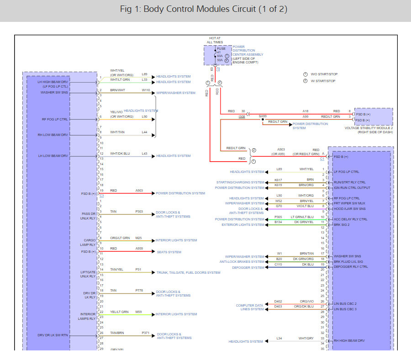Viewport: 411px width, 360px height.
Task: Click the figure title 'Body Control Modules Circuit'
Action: [x=204, y=10]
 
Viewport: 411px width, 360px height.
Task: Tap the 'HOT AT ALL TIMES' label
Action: [x=215, y=40]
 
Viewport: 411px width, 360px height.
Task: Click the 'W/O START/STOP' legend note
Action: [x=324, y=74]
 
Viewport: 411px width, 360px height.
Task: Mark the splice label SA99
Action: [x=263, y=116]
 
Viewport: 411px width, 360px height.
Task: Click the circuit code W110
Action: [x=146, y=90]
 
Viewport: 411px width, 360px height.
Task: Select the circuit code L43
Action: [x=144, y=153]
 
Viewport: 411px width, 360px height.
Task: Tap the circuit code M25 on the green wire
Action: [x=138, y=238]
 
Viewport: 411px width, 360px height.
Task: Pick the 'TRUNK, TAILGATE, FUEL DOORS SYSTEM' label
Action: [x=188, y=272]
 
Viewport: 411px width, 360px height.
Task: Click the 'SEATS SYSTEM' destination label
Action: [x=169, y=252]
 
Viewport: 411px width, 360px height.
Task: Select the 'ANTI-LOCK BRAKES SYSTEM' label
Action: [x=242, y=262]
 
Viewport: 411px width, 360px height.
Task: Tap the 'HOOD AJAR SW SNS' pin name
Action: [x=349, y=209]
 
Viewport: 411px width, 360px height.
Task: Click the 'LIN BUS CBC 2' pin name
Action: [x=345, y=303]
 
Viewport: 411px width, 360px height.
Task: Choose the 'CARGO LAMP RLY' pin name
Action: [x=89, y=242]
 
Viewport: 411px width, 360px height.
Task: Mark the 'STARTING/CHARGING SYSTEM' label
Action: [x=240, y=183]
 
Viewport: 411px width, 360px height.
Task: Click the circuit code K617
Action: [x=278, y=180]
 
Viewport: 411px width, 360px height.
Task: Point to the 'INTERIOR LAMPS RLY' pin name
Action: [x=88, y=316]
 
